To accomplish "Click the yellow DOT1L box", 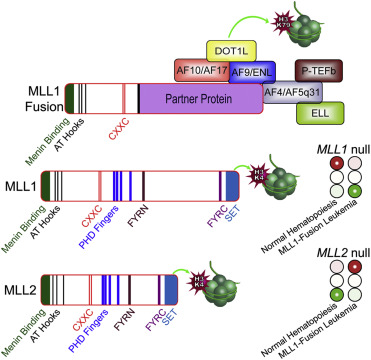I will (233, 49).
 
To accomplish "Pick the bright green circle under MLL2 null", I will (312, 298).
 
